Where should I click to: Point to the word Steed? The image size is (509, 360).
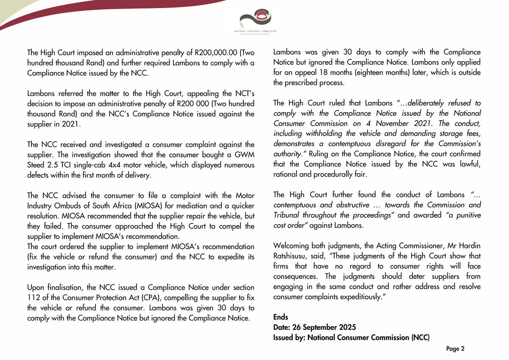point(37,165)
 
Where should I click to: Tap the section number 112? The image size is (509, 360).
point(34,298)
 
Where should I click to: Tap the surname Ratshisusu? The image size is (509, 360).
point(293,256)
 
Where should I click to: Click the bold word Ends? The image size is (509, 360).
point(281,317)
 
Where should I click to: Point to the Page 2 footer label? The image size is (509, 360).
point(456,349)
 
